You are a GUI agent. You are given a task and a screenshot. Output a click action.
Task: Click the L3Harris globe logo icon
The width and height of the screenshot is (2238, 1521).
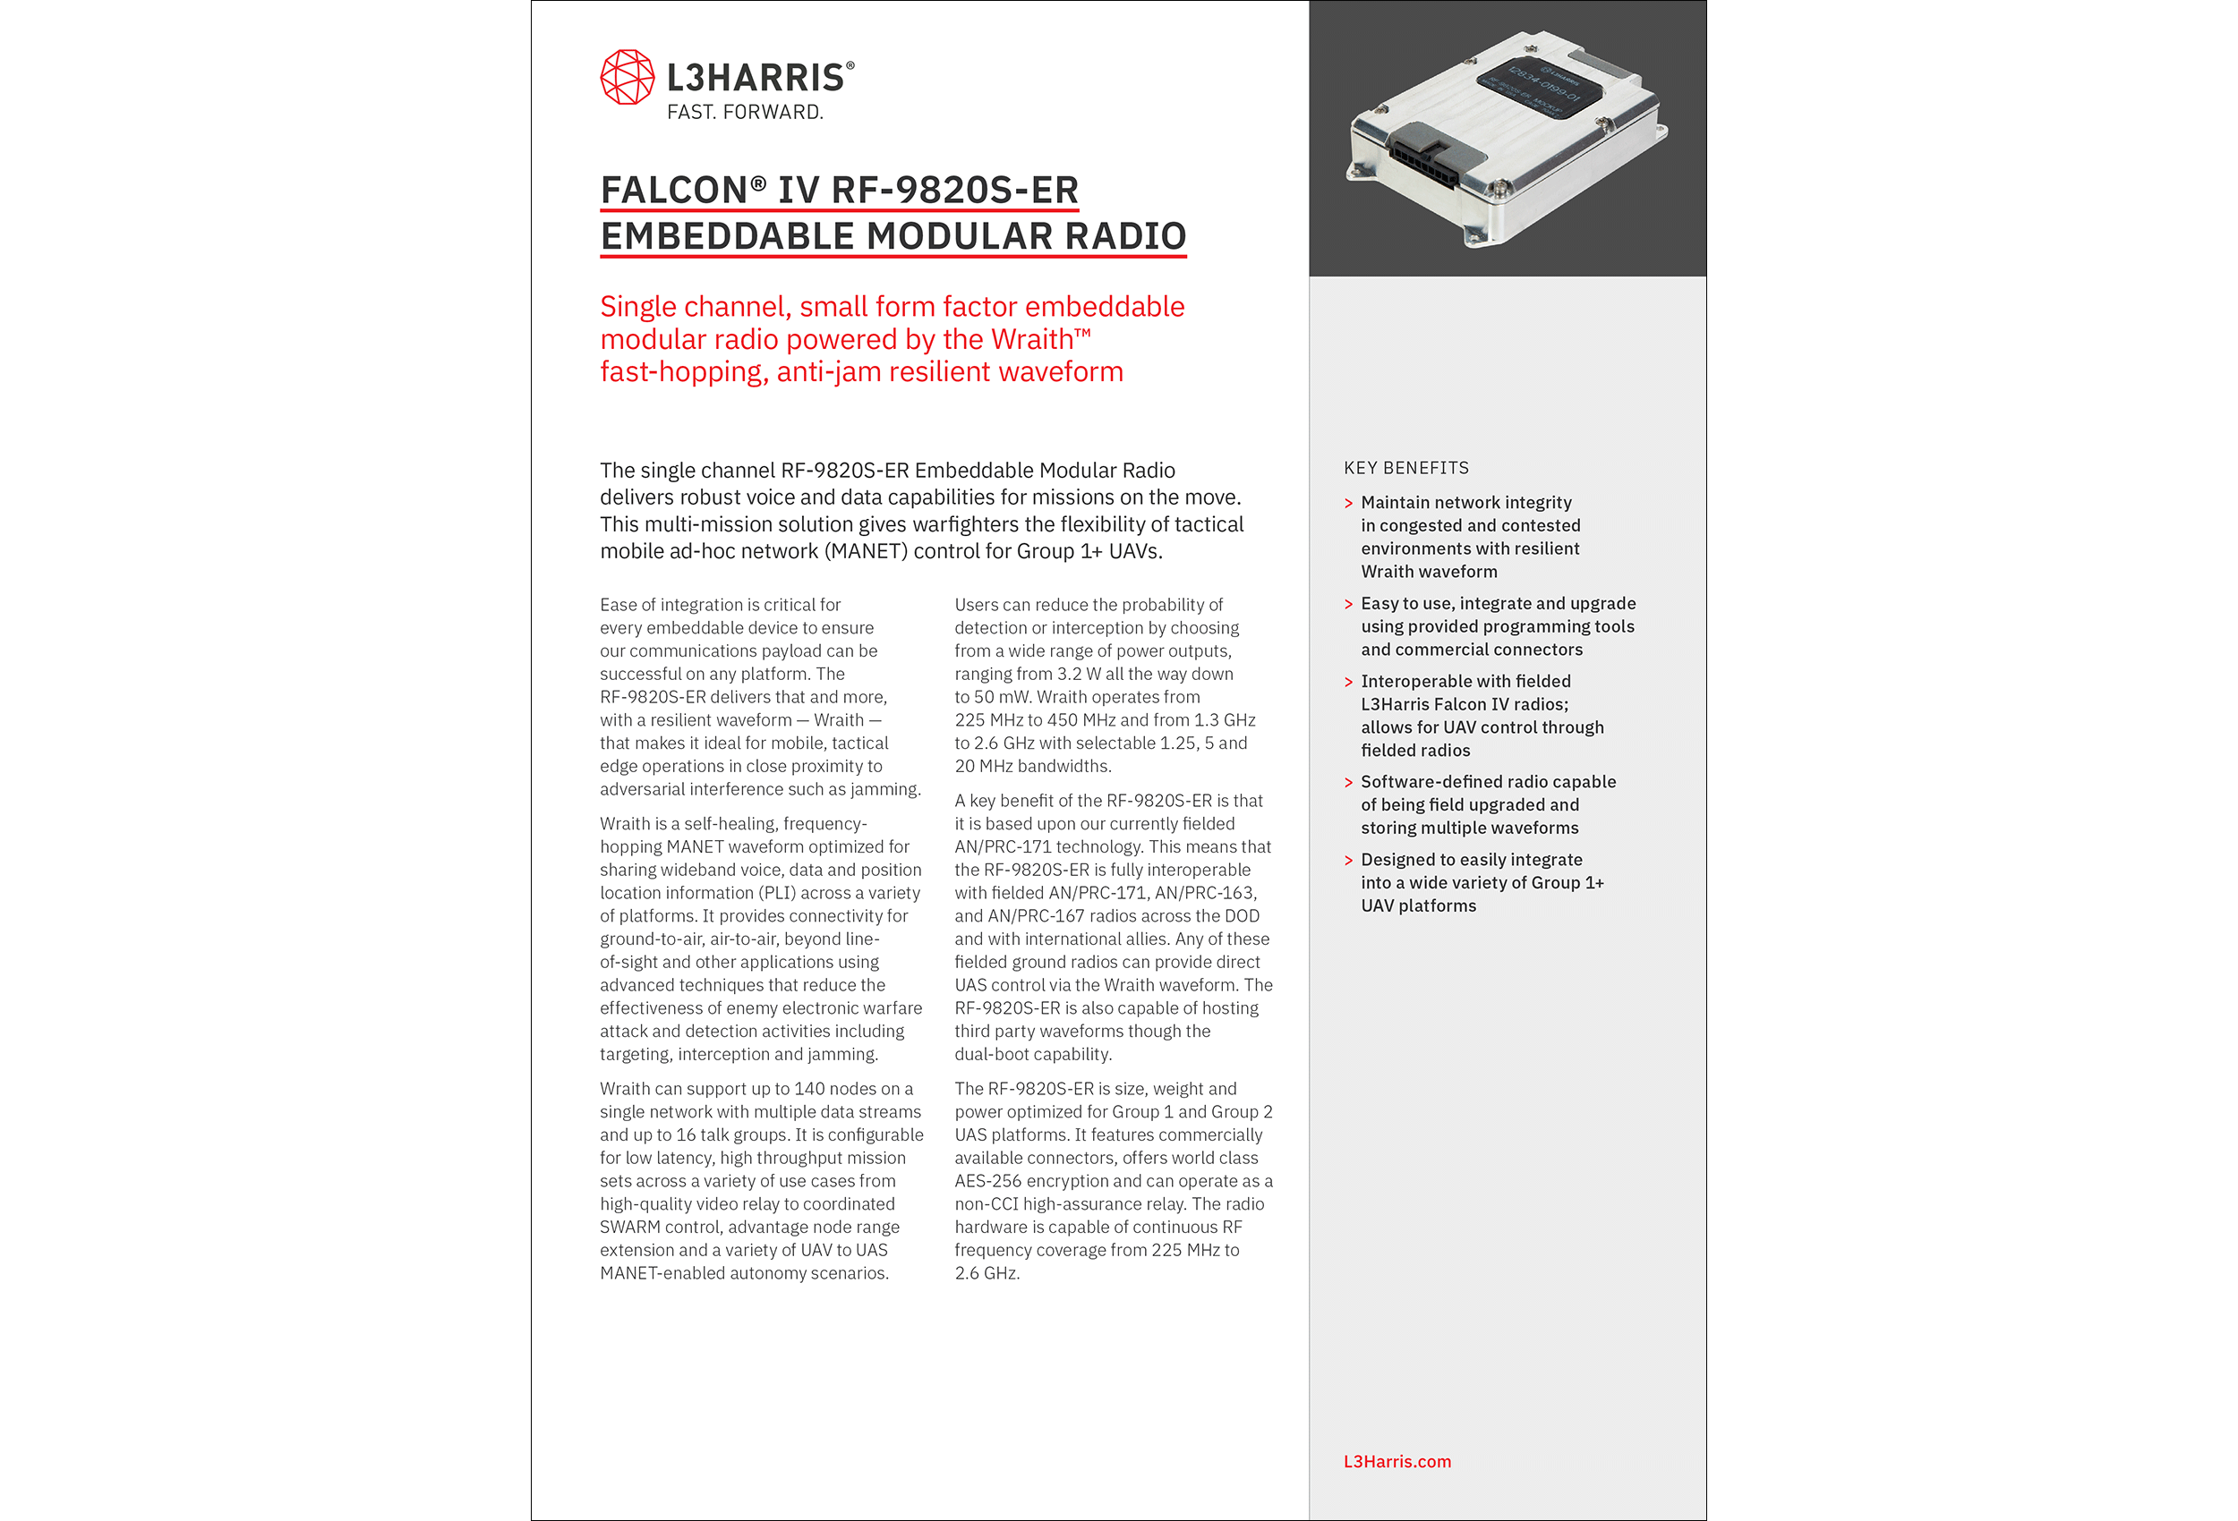point(627,77)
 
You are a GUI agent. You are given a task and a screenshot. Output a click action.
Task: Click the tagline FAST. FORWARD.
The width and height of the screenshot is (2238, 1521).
point(745,113)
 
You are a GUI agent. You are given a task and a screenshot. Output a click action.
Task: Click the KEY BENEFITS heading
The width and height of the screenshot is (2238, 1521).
point(1406,468)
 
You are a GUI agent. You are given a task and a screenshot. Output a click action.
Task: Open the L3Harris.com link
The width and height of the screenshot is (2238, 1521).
point(1397,1461)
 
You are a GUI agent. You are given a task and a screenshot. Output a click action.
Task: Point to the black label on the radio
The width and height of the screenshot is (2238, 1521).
point(1539,86)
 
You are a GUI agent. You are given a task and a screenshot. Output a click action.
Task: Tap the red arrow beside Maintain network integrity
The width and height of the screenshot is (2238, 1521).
point(1348,504)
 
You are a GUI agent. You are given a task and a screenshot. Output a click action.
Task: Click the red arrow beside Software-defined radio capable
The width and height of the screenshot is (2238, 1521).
point(1348,783)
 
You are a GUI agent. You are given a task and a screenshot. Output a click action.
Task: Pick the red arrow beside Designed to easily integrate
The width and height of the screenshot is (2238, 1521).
point(1348,861)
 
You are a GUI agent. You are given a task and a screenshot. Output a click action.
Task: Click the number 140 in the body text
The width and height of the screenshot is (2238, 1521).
point(810,1089)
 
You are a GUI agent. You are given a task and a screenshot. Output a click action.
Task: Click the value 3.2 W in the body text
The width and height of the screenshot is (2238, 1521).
point(1079,674)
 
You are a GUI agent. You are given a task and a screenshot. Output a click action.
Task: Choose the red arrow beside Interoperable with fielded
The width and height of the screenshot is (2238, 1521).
point(1348,682)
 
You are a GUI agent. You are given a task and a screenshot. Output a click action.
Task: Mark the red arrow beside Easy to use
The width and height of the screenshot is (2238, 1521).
point(1348,605)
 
